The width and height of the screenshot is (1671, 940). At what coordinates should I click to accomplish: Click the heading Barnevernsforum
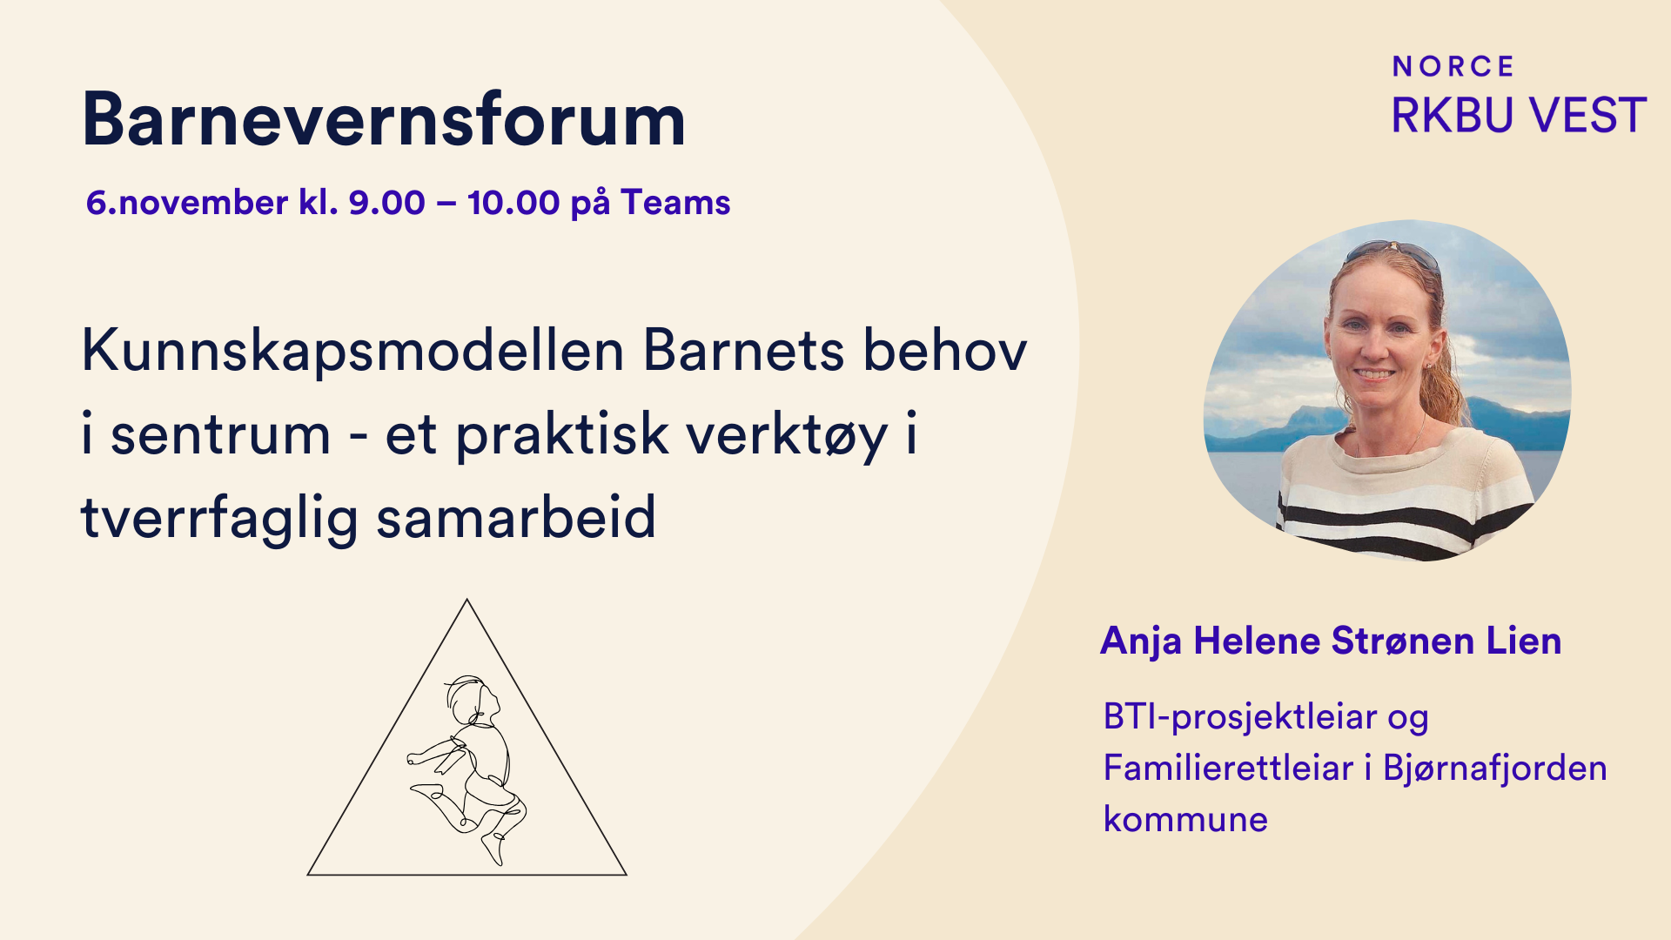tap(384, 119)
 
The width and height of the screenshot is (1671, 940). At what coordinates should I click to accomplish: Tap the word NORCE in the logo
tap(1453, 66)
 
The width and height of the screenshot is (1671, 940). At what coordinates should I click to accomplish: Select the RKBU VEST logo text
tap(1519, 115)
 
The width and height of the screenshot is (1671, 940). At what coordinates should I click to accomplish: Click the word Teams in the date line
tap(675, 203)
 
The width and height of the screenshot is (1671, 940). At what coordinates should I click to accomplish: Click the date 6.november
tap(187, 203)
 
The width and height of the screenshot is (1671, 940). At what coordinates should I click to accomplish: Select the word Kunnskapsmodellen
tap(353, 351)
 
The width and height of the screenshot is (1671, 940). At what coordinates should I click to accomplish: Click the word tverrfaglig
tap(220, 518)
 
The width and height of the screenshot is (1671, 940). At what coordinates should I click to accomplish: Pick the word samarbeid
tap(515, 517)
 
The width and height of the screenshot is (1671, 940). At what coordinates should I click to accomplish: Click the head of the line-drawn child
tap(471, 698)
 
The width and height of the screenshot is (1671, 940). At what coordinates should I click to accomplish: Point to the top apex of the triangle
tap(467, 599)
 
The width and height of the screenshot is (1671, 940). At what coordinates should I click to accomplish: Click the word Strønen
tap(1403, 641)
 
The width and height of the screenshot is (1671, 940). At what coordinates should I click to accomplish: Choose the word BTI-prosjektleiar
tap(1240, 718)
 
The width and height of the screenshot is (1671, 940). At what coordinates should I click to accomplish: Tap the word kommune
tap(1185, 820)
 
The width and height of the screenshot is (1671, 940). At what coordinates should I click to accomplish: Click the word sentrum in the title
tap(220, 435)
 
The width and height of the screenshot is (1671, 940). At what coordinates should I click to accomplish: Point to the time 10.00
tap(513, 203)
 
